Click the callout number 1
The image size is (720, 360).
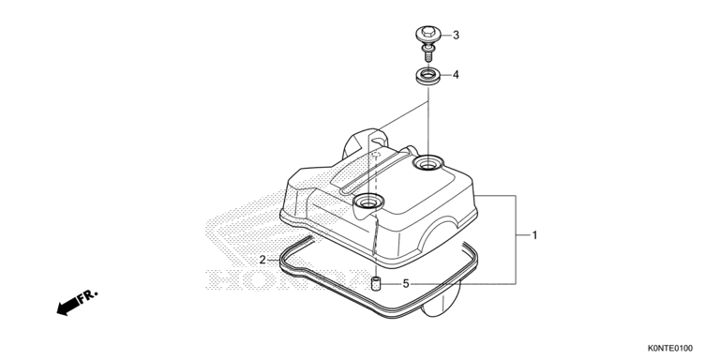click(534, 235)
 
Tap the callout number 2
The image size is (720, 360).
click(262, 260)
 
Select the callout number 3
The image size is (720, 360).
click(456, 35)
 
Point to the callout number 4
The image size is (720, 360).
click(456, 74)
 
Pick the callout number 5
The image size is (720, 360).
click(406, 284)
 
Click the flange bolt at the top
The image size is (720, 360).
click(427, 45)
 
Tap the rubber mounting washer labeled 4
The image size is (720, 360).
click(427, 76)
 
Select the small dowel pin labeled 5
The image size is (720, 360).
click(376, 284)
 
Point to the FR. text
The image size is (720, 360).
click(88, 295)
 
